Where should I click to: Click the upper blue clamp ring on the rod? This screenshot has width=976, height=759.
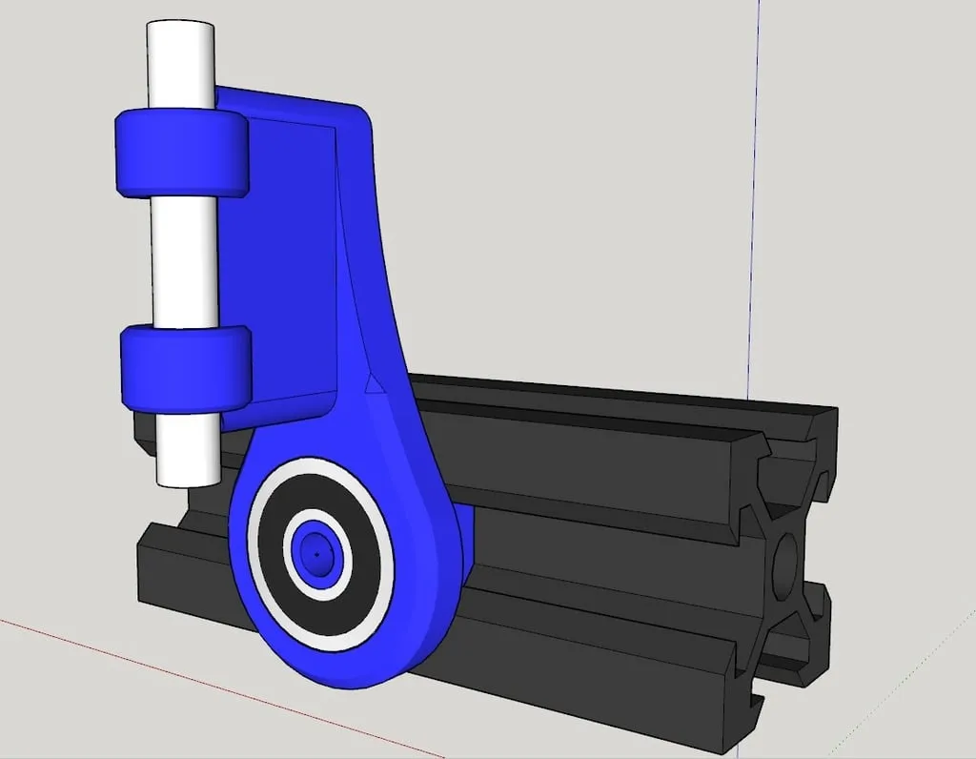(181, 153)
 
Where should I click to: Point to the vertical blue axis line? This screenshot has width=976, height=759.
(754, 191)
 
